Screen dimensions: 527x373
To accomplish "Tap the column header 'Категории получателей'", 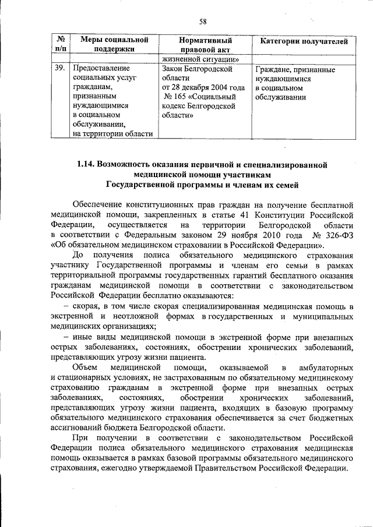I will tap(304, 41).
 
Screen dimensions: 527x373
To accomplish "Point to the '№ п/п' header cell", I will tap(59, 45).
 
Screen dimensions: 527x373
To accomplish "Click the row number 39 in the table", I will tap(59, 69).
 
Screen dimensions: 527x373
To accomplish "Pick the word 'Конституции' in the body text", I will tap(279, 215).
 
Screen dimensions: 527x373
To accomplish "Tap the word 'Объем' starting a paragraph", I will tap(85, 367).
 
